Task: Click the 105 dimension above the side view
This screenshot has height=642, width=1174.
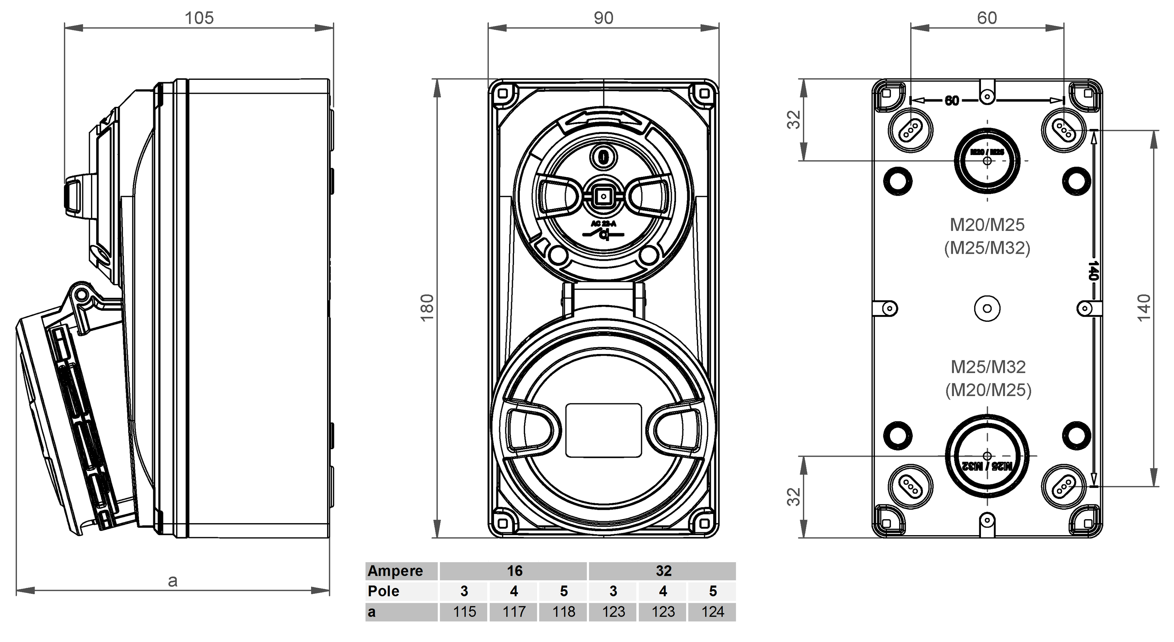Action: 199,18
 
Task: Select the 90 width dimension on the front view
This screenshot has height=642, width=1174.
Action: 603,18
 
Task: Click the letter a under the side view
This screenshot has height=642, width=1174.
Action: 172,581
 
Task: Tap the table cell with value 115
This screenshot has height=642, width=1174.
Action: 464,611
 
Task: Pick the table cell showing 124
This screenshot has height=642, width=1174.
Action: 712,611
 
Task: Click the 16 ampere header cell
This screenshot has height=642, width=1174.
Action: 514,571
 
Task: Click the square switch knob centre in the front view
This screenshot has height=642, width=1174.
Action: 603,197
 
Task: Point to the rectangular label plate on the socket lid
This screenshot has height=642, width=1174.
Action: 603,430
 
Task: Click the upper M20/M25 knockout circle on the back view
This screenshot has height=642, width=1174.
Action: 987,161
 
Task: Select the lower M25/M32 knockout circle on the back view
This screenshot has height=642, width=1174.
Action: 987,456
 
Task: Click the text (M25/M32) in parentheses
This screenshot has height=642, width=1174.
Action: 987,248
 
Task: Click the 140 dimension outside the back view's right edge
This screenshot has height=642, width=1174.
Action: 1144,308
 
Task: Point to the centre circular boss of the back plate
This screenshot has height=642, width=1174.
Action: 987,309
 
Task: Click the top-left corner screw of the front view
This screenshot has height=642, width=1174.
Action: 503,94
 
